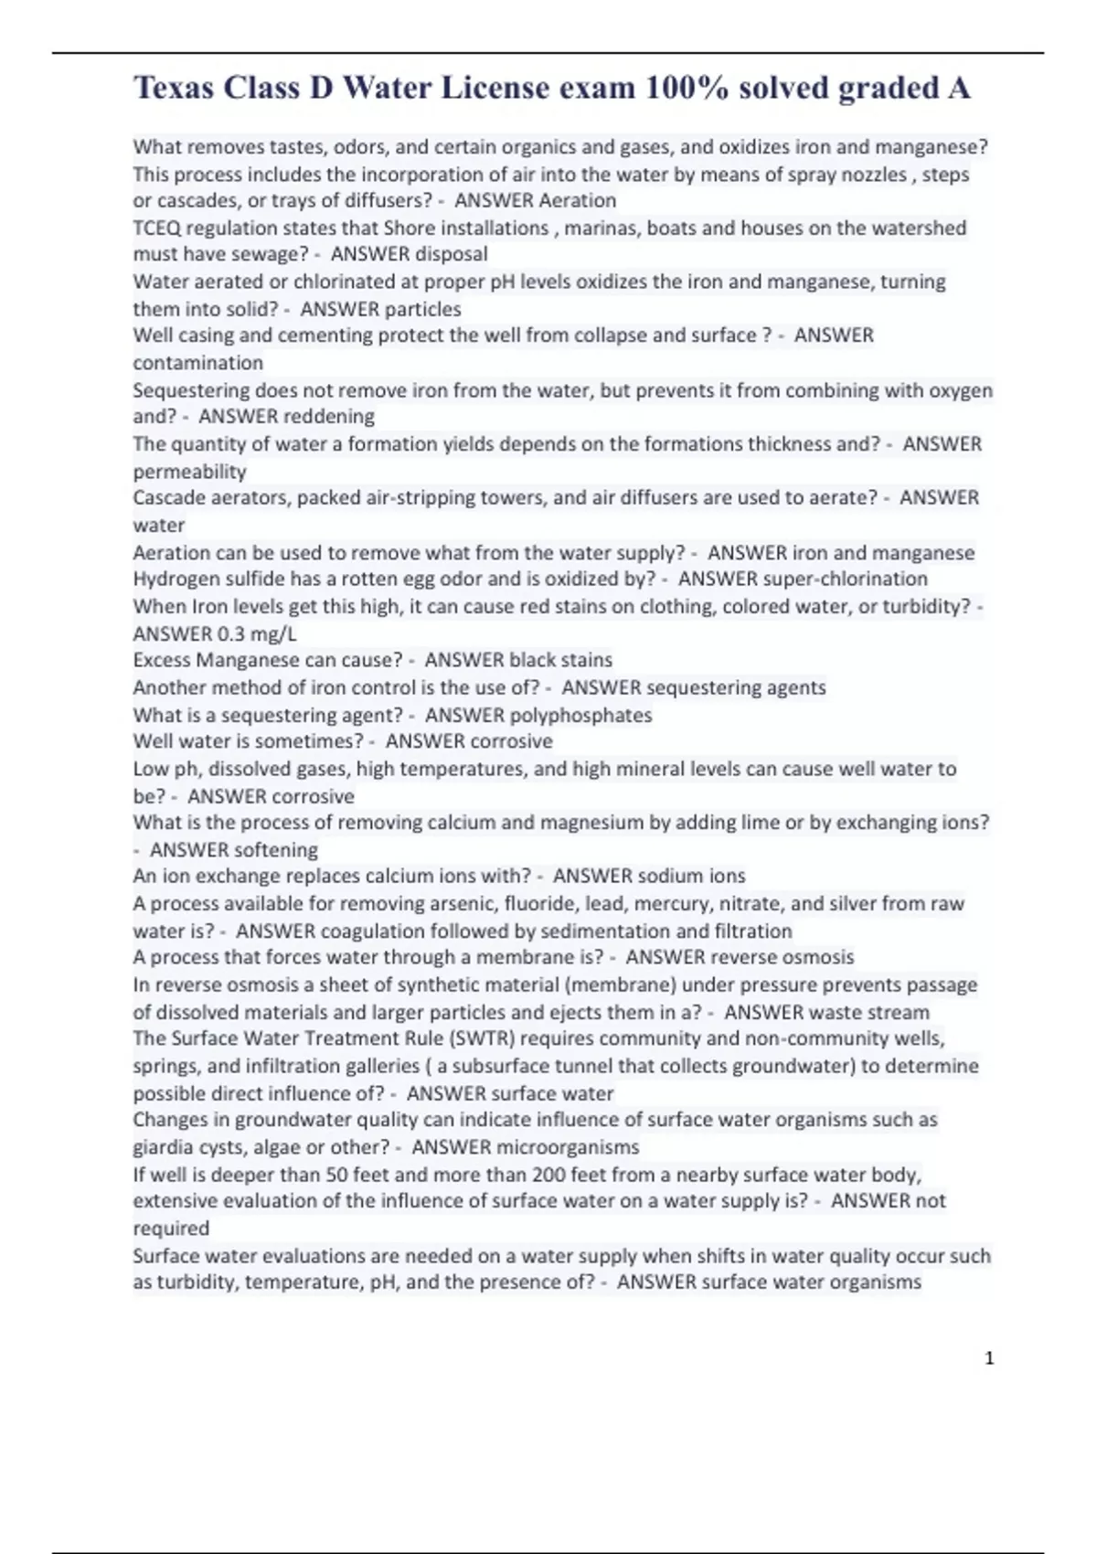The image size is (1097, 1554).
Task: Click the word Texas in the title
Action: [174, 88]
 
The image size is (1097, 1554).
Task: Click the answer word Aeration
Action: [580, 200]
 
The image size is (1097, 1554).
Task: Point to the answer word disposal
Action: [452, 254]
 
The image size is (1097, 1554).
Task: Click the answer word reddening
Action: [330, 417]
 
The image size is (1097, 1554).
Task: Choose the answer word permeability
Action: [189, 472]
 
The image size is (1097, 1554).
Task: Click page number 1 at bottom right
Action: [989, 1358]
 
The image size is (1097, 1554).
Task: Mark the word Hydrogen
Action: [171, 579]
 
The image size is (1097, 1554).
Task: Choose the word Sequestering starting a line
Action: [190, 390]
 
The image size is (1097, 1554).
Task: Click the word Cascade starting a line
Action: [166, 498]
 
